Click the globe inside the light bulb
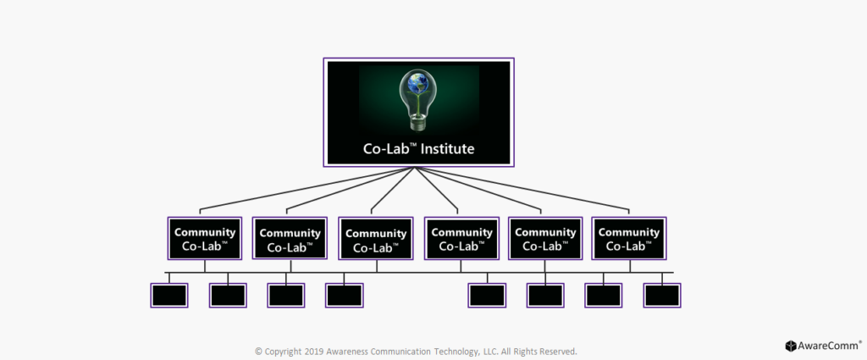(417, 83)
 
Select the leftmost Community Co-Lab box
(205, 238)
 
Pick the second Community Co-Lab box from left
(290, 238)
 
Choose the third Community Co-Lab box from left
(376, 238)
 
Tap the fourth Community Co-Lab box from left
(461, 238)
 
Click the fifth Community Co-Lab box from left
(545, 238)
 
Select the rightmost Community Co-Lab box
(629, 238)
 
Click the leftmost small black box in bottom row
(169, 296)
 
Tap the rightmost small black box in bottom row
(662, 296)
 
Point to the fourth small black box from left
(344, 296)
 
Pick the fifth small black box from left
(487, 296)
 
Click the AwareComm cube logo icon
(791, 346)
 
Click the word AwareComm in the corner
(828, 346)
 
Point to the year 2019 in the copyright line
(314, 352)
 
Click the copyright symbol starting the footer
(258, 352)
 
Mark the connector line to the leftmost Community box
(306, 188)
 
